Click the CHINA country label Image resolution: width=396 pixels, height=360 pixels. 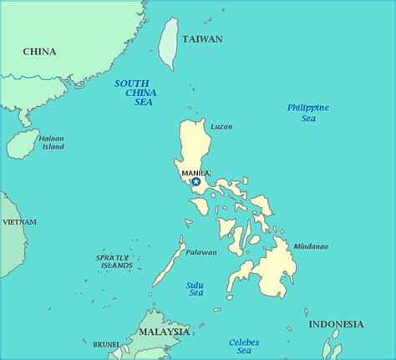[x=39, y=52]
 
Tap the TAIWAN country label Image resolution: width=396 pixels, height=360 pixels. [x=202, y=39]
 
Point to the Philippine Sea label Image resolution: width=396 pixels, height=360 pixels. [x=307, y=113]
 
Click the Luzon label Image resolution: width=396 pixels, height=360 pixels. [x=221, y=127]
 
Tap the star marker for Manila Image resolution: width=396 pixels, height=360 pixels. [x=195, y=181]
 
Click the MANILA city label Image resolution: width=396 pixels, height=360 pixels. [x=195, y=173]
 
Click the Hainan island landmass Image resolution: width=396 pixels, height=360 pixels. [x=23, y=144]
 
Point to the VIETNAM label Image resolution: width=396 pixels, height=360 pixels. [x=19, y=222]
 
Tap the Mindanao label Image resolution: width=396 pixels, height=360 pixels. [x=310, y=246]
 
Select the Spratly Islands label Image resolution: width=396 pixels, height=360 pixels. [x=114, y=261]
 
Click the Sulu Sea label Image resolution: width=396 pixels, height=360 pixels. [x=195, y=289]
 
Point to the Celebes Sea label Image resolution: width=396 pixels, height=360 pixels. [x=244, y=347]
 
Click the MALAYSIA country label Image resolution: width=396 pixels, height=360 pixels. [x=164, y=332]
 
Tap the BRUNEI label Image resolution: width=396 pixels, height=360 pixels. [x=105, y=343]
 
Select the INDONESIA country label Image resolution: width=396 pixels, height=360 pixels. [x=336, y=324]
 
